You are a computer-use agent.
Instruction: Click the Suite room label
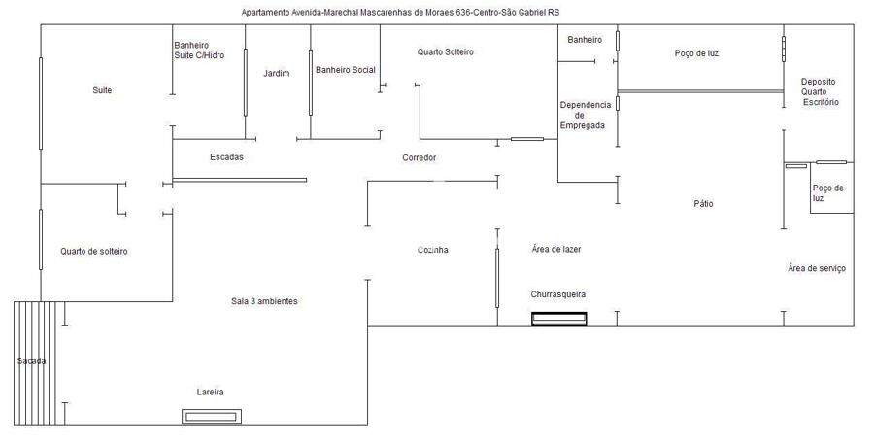point(102,90)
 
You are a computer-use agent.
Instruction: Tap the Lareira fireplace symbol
point(212,417)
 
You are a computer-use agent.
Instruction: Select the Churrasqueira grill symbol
point(559,319)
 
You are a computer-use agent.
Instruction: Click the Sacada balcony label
point(31,361)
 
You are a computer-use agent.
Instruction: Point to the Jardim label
point(277,73)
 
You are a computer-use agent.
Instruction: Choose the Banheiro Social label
point(346,70)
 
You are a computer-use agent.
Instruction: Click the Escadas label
point(227,157)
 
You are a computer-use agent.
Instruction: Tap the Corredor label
point(420,157)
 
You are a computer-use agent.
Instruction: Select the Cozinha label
point(433,250)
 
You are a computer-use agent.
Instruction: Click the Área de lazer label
point(556,250)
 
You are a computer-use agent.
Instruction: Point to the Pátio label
point(703,203)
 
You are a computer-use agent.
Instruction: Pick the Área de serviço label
point(817,268)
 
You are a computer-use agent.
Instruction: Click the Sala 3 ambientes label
point(264,301)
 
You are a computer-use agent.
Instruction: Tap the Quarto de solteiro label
point(94,252)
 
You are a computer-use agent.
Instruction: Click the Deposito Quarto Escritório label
point(820,91)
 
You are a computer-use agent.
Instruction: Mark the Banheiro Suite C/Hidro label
point(199,51)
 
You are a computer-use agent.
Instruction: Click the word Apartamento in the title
point(265,12)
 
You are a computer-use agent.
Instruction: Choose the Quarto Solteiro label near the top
point(446,51)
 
